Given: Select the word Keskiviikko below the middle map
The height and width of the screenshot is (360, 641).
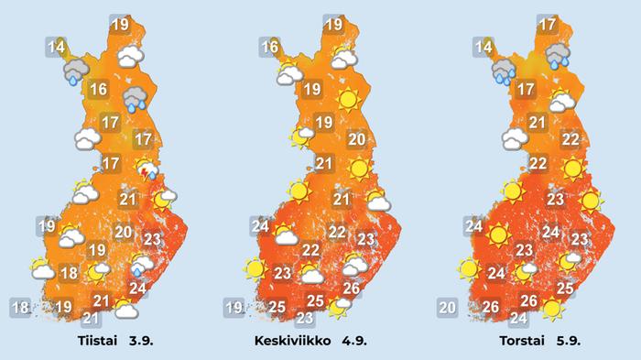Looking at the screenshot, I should coord(294,342).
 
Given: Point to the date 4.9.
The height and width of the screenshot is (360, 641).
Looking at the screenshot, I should coord(362,342).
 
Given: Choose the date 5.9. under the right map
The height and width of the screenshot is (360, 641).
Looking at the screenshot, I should coord(569,342).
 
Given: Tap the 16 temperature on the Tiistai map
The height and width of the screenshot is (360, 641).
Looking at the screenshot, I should coord(99,90).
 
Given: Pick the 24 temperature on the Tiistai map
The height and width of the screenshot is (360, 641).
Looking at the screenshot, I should coord(138,289).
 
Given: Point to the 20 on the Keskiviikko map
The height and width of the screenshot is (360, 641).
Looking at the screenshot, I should coord(357,140).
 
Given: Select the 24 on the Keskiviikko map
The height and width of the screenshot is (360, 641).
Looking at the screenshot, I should coord(259,226).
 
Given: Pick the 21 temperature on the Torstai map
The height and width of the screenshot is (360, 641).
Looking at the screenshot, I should coord(538,123).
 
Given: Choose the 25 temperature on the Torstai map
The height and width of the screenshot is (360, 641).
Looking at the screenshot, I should coord(565,289).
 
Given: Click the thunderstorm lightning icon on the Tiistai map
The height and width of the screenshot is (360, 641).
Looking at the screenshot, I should coord(145,169).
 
